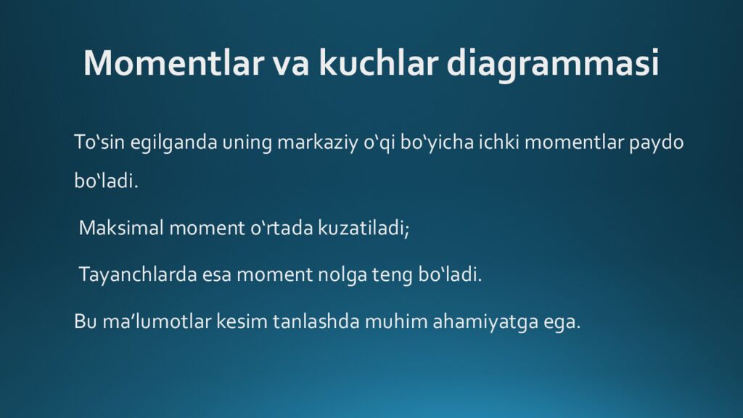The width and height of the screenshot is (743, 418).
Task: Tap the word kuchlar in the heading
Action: click(378, 62)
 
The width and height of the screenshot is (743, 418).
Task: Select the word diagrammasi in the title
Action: click(552, 64)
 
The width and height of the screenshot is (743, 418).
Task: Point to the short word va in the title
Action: click(291, 65)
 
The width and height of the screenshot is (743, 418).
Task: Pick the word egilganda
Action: click(173, 143)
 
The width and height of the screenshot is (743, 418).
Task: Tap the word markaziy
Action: click(318, 143)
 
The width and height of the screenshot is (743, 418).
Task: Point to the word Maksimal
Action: click(121, 228)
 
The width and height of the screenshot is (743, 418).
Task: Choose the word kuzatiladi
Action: click(364, 228)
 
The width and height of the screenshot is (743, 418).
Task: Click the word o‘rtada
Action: click(282, 228)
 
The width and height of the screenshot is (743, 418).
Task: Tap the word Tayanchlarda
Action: click(138, 275)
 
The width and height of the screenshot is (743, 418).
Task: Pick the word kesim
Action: click(242, 321)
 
